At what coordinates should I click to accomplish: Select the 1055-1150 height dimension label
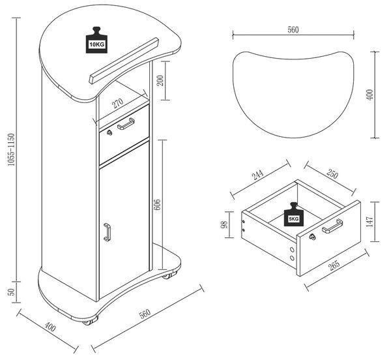11,150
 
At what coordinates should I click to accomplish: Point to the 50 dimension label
12,292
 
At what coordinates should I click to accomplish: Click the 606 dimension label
157,205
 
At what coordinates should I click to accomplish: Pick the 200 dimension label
160,80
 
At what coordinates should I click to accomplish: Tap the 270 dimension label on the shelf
118,103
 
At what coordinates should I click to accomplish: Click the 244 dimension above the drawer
257,175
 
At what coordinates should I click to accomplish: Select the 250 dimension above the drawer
332,173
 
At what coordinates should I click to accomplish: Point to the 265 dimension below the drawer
334,265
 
